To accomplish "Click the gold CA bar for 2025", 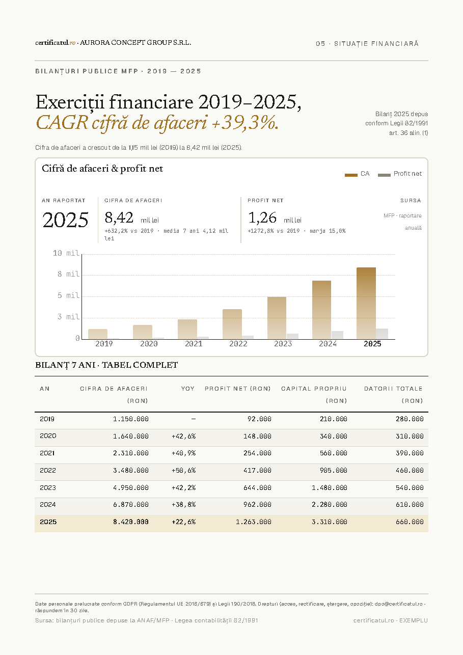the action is point(366,303).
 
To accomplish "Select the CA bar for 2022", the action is point(232,324).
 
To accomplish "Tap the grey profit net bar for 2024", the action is point(337,335).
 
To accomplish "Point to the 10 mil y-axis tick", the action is point(66,253).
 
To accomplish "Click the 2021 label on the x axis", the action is point(194,344).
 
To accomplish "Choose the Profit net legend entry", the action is point(400,174).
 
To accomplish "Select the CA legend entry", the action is point(357,174).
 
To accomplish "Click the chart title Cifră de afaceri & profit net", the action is point(102,169).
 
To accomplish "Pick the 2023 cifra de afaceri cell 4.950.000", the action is point(131,487).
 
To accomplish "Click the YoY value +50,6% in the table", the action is point(184,471).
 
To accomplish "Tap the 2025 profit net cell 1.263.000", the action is point(254,522).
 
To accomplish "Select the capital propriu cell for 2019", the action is point(334,419).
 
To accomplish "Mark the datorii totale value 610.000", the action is point(410,504).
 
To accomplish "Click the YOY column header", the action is point(188,389).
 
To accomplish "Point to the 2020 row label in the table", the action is point(48,436).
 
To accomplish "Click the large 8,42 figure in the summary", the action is point(119,217).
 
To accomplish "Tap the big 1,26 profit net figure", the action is point(262,217).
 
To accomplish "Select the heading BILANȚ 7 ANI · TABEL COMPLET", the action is point(106,365).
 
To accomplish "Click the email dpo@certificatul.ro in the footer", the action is point(398,604).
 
